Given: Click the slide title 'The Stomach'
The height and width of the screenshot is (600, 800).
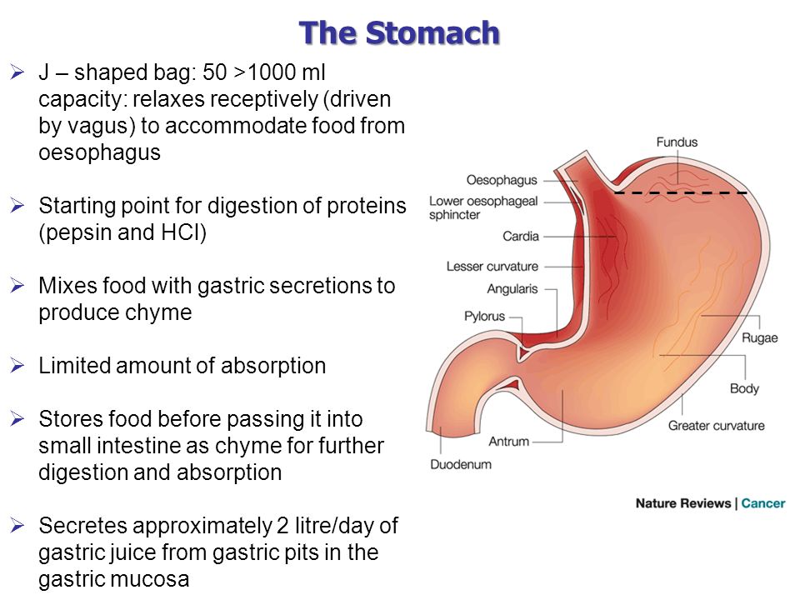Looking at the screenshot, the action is pyautogui.click(x=399, y=33).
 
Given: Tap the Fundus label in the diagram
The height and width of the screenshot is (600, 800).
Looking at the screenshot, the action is pyautogui.click(x=677, y=142).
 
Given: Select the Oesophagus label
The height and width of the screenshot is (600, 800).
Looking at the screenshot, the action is pyautogui.click(x=502, y=180).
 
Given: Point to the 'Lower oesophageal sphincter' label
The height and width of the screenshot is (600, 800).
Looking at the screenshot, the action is pyautogui.click(x=483, y=207).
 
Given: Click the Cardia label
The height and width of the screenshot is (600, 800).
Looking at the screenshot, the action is pyautogui.click(x=520, y=236).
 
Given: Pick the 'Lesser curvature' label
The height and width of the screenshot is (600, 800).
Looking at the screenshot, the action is pyautogui.click(x=492, y=267).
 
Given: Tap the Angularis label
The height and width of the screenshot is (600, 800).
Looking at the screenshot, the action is pyautogui.click(x=512, y=289).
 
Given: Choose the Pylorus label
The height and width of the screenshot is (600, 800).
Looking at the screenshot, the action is pyautogui.click(x=484, y=317).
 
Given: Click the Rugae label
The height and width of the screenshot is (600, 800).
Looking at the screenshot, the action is pyautogui.click(x=760, y=338).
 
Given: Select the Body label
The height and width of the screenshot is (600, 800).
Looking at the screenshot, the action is pyautogui.click(x=744, y=389).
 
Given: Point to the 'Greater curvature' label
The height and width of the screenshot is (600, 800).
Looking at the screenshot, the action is pyautogui.click(x=717, y=426).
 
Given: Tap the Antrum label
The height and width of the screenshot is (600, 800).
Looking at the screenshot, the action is pyautogui.click(x=508, y=442).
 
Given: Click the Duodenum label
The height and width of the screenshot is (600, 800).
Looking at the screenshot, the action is pyautogui.click(x=461, y=464).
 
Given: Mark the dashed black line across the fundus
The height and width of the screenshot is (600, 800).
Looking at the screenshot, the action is pyautogui.click(x=681, y=192).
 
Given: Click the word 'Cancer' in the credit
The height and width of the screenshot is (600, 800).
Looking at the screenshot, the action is pyautogui.click(x=763, y=503).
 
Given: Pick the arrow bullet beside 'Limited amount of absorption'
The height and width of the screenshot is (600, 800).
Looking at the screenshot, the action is pyautogui.click(x=17, y=365).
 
